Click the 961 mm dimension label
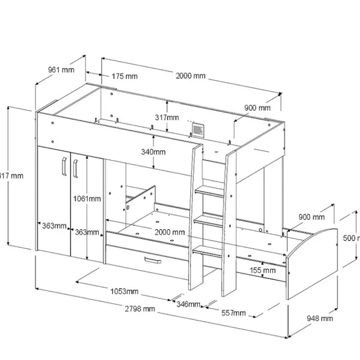(61, 69)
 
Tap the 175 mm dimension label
(124, 76)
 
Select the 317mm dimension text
(166, 118)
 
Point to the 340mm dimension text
(153, 152)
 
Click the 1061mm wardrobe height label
(87, 199)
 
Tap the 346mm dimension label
(188, 305)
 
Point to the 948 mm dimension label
(320, 319)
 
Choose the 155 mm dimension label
(262, 270)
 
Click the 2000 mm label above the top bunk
(191, 76)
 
